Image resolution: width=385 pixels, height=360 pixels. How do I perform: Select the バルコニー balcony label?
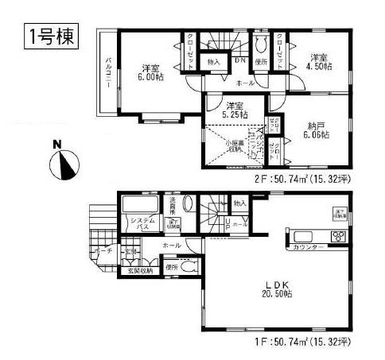coord(107,75)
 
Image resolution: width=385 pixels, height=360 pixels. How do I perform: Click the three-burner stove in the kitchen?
coord(336,236)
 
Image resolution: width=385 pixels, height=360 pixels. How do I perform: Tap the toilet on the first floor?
coord(188,268)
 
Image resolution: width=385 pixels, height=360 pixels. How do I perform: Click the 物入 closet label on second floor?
coord(213,60)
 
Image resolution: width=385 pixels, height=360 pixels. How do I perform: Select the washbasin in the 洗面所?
coord(177,223)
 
